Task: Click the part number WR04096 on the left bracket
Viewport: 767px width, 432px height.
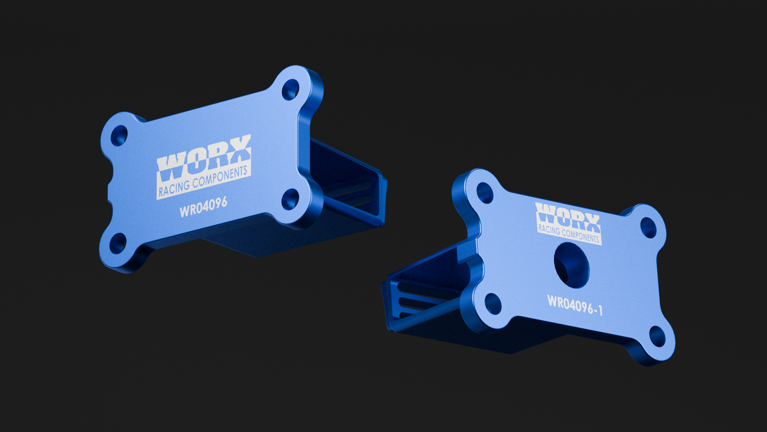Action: tap(203, 207)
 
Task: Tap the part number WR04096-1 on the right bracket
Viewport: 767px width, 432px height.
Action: tap(575, 305)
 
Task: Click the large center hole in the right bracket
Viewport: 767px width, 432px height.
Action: tap(571, 265)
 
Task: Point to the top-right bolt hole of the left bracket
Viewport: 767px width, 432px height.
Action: tap(290, 90)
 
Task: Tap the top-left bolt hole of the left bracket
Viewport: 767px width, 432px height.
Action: tap(119, 136)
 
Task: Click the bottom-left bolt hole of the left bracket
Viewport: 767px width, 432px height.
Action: tap(118, 243)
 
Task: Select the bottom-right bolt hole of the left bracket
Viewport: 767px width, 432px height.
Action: tap(290, 199)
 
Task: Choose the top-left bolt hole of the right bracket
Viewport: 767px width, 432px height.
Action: tap(485, 193)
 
